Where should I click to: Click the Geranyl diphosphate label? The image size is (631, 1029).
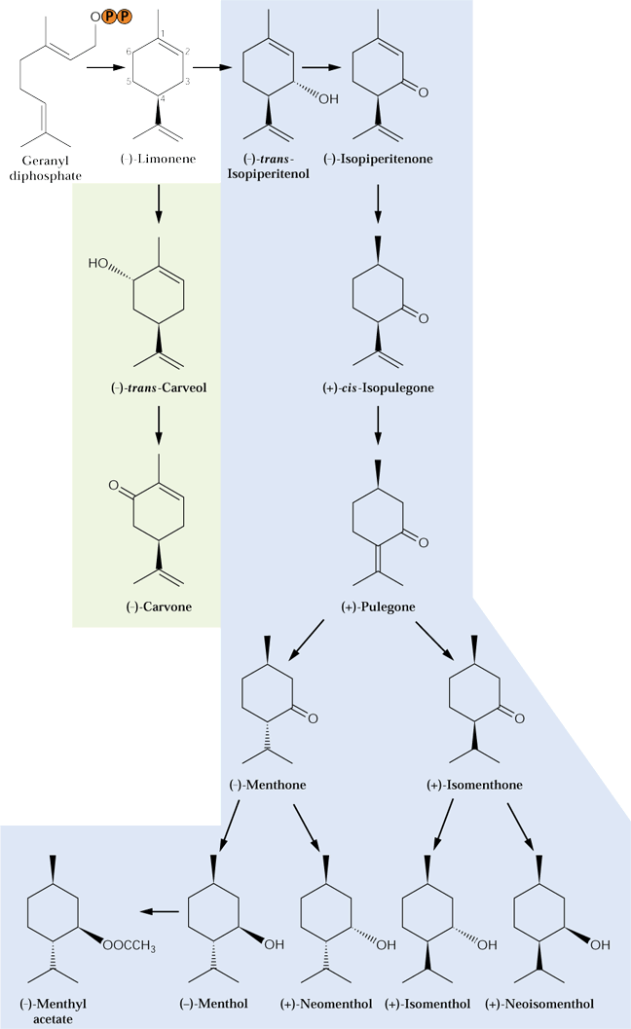pyautogui.click(x=46, y=168)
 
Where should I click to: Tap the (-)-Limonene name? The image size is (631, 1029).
pyautogui.click(x=159, y=159)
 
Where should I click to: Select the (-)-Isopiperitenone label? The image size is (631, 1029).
pyautogui.click(x=378, y=159)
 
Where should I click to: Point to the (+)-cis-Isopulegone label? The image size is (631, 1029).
pyautogui.click(x=378, y=387)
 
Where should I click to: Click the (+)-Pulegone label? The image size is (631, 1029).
pyautogui.click(x=378, y=607)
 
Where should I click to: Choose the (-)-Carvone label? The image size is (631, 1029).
pyautogui.click(x=159, y=607)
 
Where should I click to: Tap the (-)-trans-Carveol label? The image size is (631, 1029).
pyautogui.click(x=159, y=387)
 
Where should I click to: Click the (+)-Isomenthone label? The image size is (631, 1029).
pyautogui.click(x=475, y=785)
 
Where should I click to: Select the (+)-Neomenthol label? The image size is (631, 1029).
pyautogui.click(x=326, y=1004)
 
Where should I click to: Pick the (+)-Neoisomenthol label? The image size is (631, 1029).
pyautogui.click(x=539, y=1004)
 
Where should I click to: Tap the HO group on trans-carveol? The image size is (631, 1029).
pyautogui.click(x=97, y=263)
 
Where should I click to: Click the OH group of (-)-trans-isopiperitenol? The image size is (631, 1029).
pyautogui.click(x=328, y=99)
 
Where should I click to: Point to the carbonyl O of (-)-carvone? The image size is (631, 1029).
pyautogui.click(x=114, y=486)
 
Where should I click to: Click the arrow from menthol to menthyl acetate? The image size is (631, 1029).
pyautogui.click(x=161, y=911)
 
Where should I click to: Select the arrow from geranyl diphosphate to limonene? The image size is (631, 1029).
pyautogui.click(x=106, y=67)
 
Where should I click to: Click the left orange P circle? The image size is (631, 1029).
pyautogui.click(x=109, y=18)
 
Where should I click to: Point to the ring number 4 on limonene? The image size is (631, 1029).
pyautogui.click(x=163, y=99)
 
